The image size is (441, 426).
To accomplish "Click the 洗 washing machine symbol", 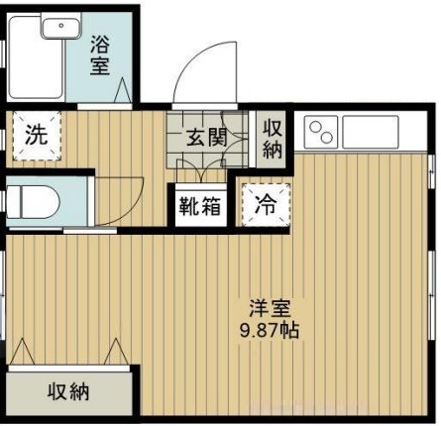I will point(35,137).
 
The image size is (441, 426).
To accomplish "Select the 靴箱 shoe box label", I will point(200,206).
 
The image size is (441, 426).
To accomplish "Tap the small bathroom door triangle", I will point(124,93).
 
